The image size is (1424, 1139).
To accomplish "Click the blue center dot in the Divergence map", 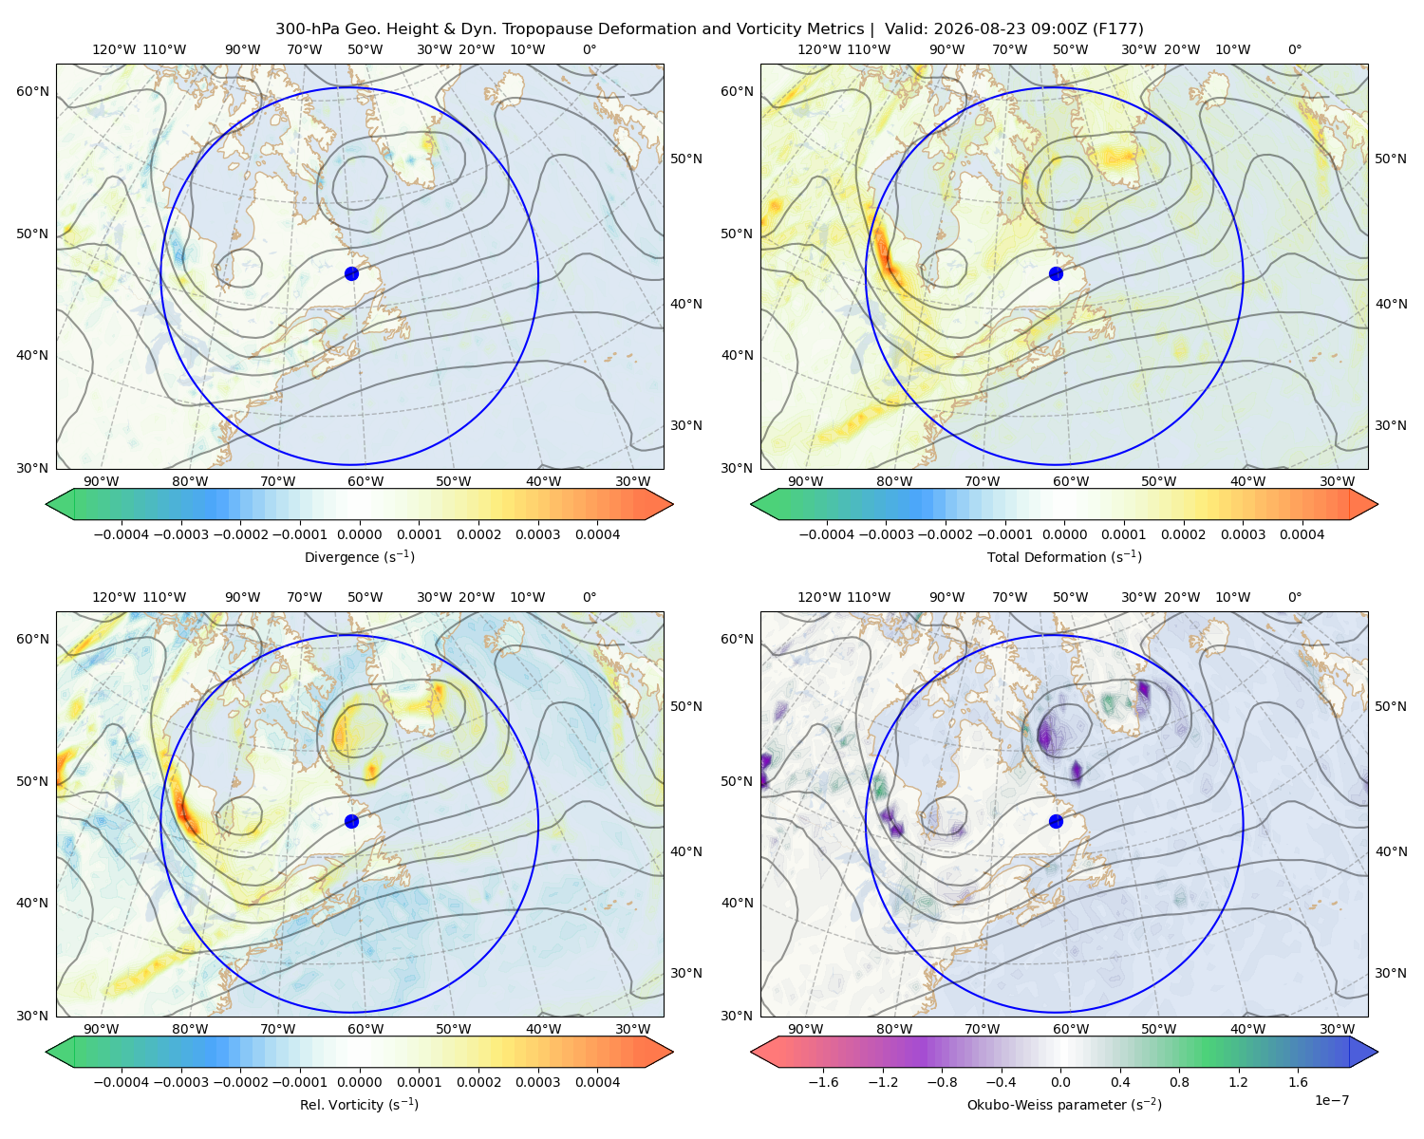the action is point(351,274).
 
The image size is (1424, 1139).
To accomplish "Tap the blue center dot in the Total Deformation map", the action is point(1056,274).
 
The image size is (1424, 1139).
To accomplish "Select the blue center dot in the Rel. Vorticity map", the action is point(351,821).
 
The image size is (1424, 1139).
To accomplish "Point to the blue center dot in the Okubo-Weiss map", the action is point(1056,821).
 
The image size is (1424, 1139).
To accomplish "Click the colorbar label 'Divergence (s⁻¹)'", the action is point(359,557).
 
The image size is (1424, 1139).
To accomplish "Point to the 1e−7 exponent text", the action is point(1331,1101).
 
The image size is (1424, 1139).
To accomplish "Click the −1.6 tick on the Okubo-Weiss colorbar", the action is point(823,1082).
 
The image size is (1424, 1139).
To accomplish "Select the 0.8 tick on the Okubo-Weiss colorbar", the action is point(1179,1082).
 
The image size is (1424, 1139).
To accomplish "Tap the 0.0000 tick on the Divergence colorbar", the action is point(359,534).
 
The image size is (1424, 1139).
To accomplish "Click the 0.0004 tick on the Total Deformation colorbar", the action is point(1302,534).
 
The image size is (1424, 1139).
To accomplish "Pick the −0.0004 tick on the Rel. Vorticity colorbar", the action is point(122,1082).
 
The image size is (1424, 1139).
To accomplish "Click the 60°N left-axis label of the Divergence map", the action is point(33,91).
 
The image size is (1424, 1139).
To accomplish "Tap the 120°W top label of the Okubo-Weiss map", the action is point(818,597).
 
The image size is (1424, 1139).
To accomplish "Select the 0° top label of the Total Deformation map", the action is point(1294,49).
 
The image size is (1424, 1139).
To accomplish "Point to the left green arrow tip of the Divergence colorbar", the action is point(47,504).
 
